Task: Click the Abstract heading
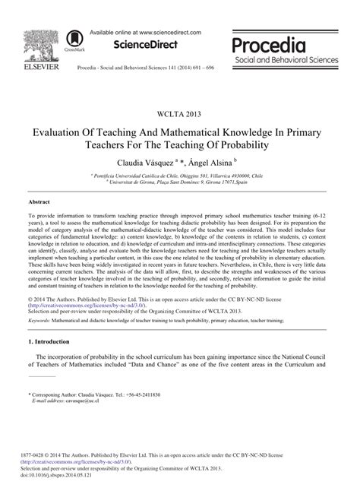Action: (x=39, y=202)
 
